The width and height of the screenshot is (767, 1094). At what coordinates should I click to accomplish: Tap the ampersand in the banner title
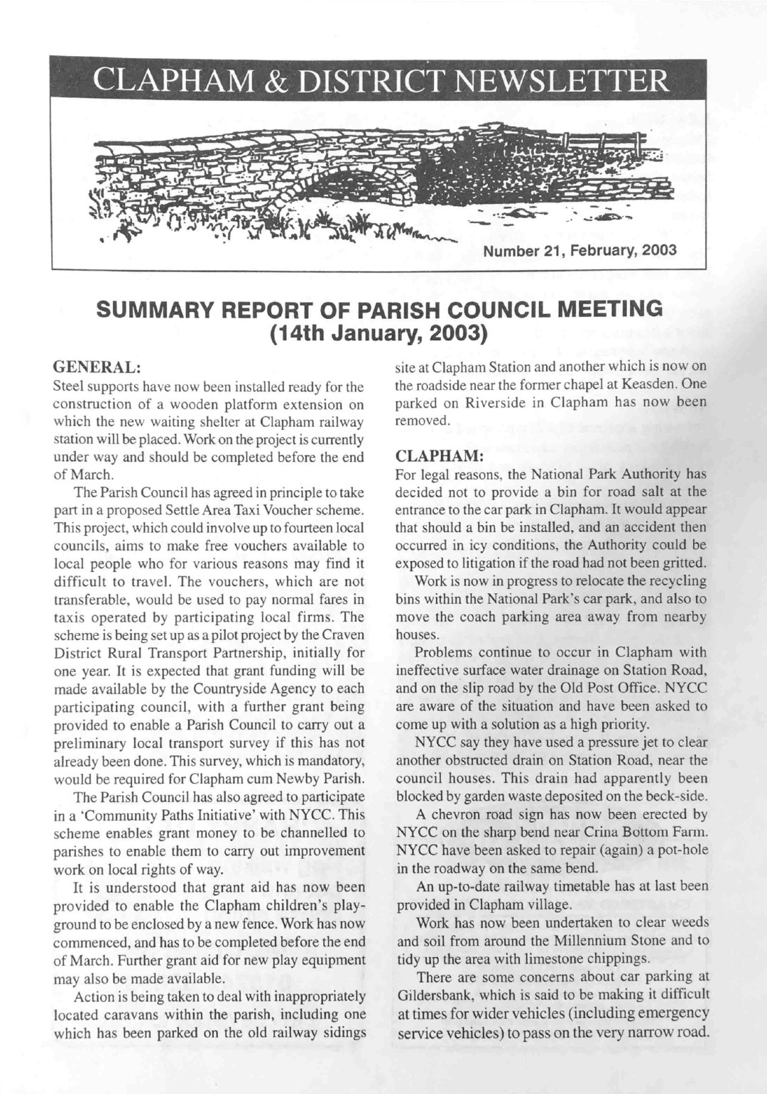[288, 82]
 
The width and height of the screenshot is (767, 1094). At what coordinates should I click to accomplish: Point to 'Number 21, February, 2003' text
[580, 250]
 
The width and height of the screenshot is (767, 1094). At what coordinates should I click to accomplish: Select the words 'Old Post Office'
[626, 688]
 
